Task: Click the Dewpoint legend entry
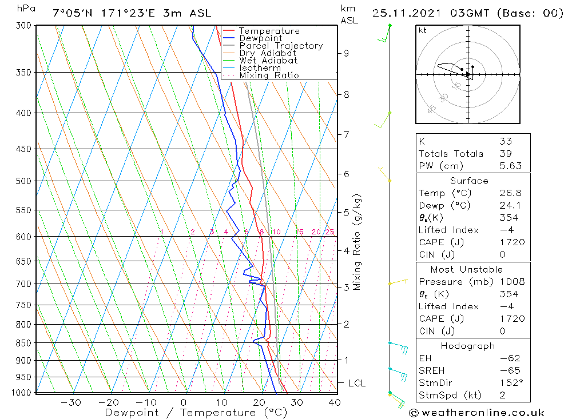pos(261,38)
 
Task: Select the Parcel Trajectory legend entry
pos(281,46)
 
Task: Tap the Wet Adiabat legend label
pos(268,61)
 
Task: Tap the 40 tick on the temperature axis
pos(335,402)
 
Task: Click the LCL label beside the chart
pos(356,383)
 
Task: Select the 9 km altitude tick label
pos(346,53)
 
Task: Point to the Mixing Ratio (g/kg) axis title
pos(357,242)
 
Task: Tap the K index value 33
pos(506,141)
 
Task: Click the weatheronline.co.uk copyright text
pos(477,413)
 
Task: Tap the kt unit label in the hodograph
pos(423,30)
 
